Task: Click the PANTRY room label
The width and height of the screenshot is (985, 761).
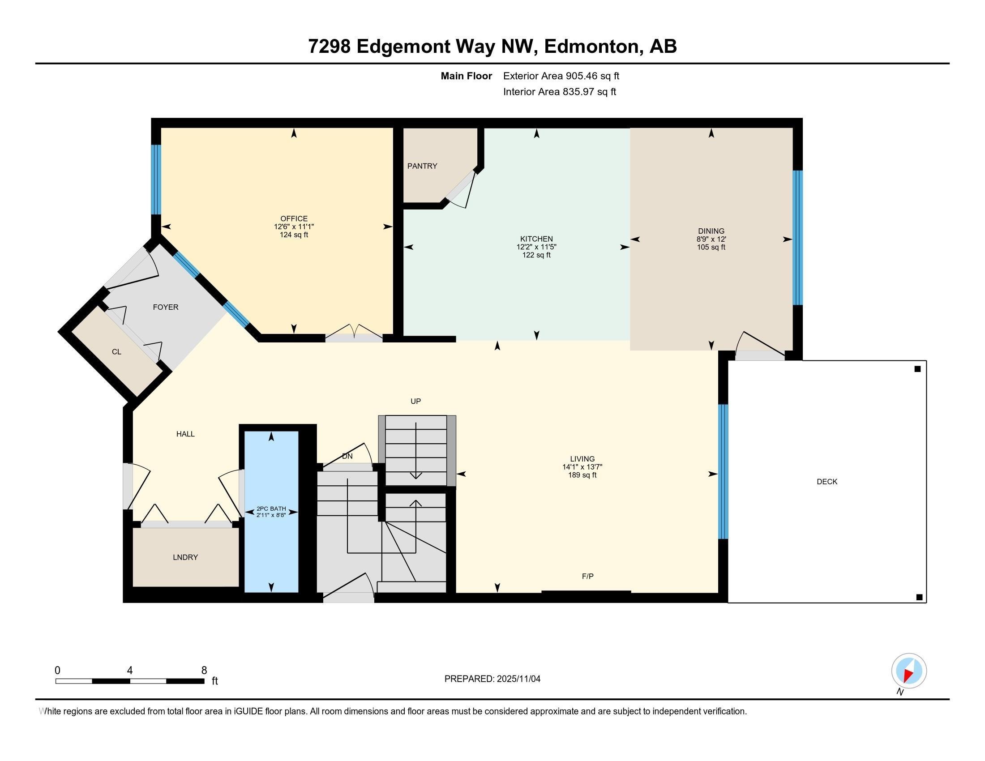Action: [422, 166]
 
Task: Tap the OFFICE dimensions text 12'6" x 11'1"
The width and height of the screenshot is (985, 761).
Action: [294, 227]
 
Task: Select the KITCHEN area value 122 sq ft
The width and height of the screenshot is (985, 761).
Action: [536, 255]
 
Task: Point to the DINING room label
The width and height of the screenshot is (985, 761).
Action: [711, 231]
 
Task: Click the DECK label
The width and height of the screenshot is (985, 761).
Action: [827, 482]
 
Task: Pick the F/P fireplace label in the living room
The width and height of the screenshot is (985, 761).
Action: [588, 576]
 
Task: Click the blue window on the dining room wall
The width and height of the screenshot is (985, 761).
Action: [798, 238]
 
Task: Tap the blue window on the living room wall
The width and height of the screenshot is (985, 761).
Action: [723, 471]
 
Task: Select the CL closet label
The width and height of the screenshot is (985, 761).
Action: [117, 352]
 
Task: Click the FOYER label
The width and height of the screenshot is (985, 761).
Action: [166, 307]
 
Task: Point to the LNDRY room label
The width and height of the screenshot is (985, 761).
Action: [185, 557]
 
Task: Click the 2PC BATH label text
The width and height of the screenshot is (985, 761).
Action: [271, 509]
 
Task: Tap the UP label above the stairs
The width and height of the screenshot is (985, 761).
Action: [416, 401]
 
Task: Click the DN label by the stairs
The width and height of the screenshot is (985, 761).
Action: [347, 456]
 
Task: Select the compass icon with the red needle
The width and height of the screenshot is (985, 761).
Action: [909, 671]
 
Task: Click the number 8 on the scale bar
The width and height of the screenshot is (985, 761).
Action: [204, 671]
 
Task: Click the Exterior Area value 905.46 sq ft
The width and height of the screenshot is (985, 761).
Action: [593, 76]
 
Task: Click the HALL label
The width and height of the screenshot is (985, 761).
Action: [185, 434]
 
